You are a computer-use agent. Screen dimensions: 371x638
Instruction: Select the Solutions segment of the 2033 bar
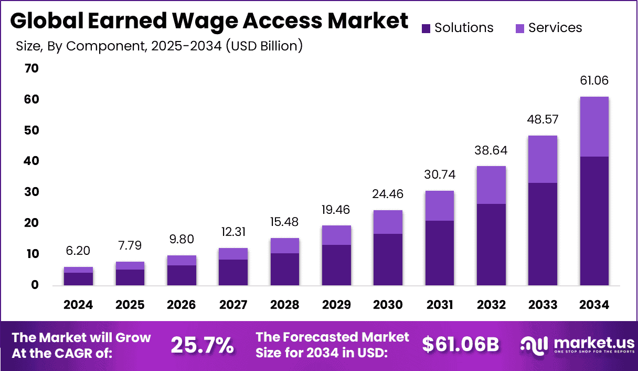point(543,234)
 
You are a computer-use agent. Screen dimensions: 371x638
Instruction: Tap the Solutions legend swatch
point(426,28)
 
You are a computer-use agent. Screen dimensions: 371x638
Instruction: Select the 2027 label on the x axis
point(233,305)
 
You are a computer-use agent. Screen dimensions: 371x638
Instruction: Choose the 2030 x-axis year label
point(388,305)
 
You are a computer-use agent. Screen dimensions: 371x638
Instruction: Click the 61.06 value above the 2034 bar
point(594,81)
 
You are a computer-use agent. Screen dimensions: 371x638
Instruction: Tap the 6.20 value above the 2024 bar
point(78,251)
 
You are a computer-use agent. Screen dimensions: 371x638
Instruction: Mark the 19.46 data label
point(336,210)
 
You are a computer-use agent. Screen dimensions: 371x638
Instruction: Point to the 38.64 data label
point(491,151)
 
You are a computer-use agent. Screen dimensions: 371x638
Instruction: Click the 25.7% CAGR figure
point(203,345)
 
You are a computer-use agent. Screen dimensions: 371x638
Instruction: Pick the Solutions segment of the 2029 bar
point(336,265)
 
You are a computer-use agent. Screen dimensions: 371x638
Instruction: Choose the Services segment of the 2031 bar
point(439,205)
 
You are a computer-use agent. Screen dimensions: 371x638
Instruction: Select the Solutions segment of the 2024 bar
point(78,279)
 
